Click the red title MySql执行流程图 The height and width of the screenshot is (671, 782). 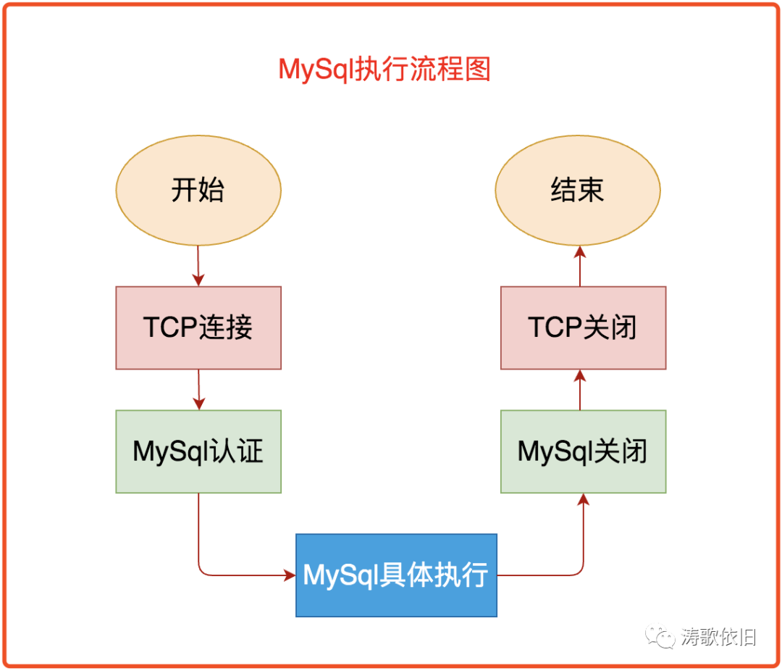point(384,70)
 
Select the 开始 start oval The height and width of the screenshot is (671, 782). point(198,191)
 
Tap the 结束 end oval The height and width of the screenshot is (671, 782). point(577,191)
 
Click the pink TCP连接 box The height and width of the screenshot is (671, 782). point(198,328)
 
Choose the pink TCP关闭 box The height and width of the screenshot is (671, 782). point(583,328)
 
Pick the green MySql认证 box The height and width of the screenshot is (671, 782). point(198,451)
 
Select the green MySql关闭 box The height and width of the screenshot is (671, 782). point(583,451)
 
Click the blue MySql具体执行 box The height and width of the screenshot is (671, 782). point(396,575)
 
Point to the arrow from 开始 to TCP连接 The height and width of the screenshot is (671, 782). point(198,266)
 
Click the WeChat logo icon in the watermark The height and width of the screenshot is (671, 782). point(662,638)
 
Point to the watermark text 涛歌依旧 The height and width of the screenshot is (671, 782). point(718,638)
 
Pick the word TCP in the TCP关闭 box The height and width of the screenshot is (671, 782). point(555,328)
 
